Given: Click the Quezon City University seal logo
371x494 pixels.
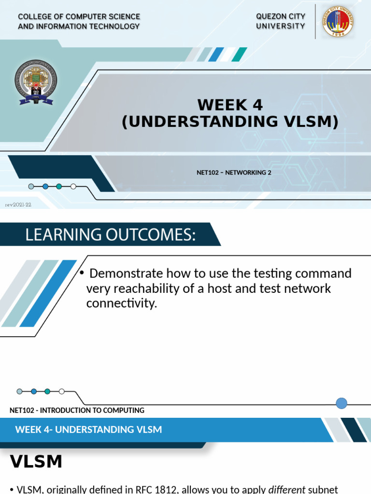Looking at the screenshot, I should pos(338,22).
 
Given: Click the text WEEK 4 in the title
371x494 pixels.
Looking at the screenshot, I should pos(230,105).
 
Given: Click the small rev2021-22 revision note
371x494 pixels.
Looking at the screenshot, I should pos(18,205).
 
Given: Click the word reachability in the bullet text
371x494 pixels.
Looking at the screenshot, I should pos(145,288).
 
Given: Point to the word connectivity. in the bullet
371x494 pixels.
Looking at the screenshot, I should pos(122,303).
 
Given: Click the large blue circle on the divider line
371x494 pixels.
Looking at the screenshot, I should pos(342,403).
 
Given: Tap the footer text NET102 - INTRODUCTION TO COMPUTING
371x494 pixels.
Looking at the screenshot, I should pos(77,411).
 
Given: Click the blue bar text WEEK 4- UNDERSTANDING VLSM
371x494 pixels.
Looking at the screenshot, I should pos(88,429).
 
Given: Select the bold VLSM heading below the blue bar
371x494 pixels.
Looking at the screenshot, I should pos(36,462).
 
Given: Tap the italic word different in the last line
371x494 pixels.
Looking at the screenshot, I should pos(287,490).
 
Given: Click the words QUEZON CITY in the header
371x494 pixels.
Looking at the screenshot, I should pos(281,16).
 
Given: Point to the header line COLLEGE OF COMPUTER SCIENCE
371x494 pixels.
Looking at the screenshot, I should pos(79,17).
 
